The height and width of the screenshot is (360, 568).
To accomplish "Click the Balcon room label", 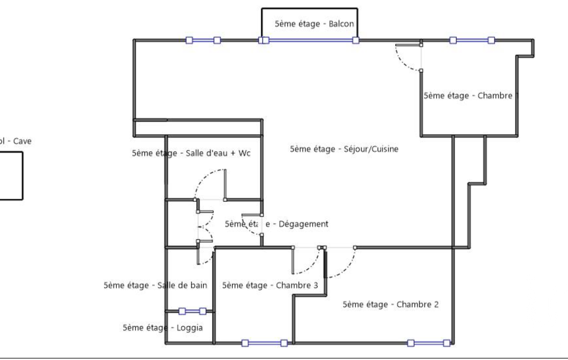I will (x=314, y=24).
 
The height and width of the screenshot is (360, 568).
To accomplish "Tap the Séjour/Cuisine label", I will (x=344, y=149).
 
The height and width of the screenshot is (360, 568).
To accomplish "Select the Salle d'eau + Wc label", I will (x=191, y=153).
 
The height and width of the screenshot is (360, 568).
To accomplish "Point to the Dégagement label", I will (x=277, y=224).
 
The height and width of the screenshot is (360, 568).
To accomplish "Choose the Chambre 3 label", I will (x=270, y=286).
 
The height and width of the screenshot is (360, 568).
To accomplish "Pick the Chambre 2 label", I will (x=391, y=304).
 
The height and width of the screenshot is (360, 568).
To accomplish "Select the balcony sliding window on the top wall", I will (x=309, y=40).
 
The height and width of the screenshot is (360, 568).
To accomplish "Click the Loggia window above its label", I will (x=192, y=311).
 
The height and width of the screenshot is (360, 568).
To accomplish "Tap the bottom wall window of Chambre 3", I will (x=264, y=343).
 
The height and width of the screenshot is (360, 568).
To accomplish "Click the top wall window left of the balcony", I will (x=203, y=40).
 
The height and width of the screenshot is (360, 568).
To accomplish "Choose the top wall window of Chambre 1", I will (x=472, y=40).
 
